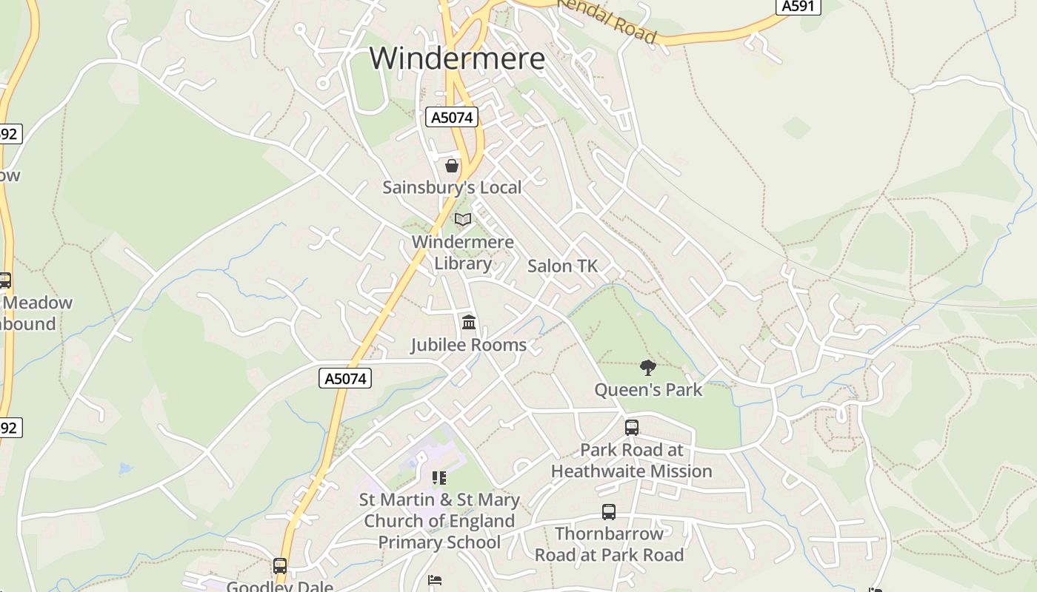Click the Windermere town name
[x=457, y=58]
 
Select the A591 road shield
[x=798, y=6]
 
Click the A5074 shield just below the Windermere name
[x=452, y=117]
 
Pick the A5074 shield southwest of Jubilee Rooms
[x=346, y=378]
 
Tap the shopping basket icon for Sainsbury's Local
[x=452, y=166]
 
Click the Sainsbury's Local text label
[x=452, y=187]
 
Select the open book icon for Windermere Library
[x=463, y=220]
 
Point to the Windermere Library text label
[x=463, y=252]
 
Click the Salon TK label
[x=562, y=266]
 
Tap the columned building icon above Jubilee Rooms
[x=469, y=323]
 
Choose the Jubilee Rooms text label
[x=469, y=345]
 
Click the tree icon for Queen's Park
[x=648, y=367]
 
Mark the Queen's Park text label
[x=648, y=389]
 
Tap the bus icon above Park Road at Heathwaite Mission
[x=632, y=427]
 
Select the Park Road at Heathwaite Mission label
[x=632, y=460]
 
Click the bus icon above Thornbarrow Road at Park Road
[x=609, y=511]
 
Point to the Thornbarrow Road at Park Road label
[x=609, y=544]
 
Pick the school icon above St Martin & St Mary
[x=439, y=478]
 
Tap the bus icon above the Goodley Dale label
[x=280, y=566]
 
